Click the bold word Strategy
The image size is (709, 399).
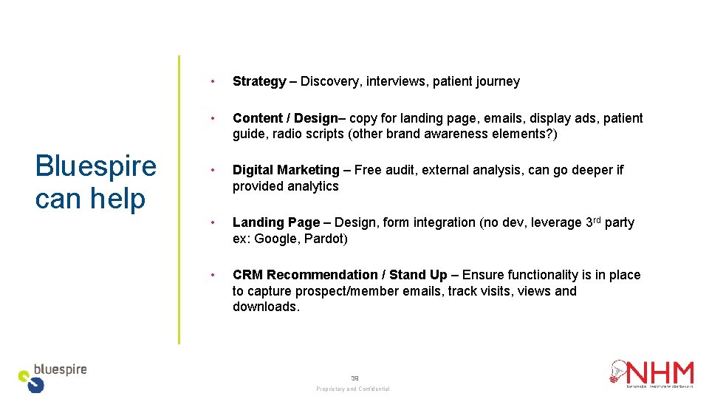click(258, 81)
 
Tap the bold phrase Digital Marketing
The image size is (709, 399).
click(286, 170)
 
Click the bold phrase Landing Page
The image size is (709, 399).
click(276, 222)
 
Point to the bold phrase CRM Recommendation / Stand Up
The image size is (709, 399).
click(340, 275)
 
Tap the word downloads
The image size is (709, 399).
click(266, 307)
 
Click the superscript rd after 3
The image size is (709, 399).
click(597, 219)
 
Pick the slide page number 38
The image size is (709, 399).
click(354, 378)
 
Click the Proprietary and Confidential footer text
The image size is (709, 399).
click(353, 389)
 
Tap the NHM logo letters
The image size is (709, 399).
click(661, 372)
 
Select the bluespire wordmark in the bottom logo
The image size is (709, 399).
click(61, 369)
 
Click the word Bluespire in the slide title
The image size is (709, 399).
click(96, 166)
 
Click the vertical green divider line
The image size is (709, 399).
click(178, 199)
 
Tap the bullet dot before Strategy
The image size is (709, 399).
click(213, 81)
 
